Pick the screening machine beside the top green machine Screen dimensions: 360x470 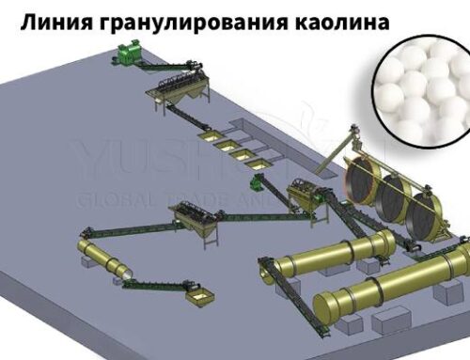175,93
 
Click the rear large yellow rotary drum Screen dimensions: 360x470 329,256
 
